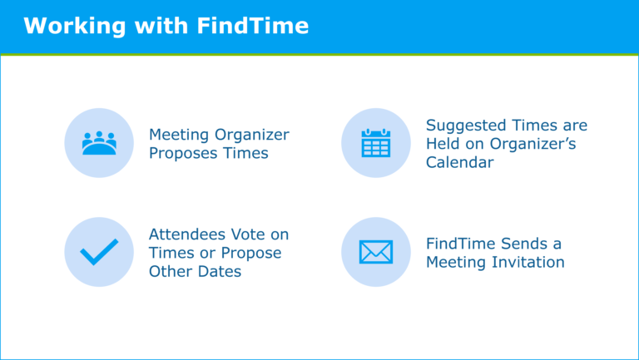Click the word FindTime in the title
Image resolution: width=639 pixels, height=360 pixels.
(253, 26)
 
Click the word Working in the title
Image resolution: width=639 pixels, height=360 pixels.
(75, 27)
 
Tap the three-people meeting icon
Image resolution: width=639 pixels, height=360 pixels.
(99, 143)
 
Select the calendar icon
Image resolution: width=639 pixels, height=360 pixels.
(376, 143)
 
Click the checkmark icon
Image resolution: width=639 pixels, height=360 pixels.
(99, 252)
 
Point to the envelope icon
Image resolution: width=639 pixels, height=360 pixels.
(376, 252)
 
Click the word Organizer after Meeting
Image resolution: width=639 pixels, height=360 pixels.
(252, 135)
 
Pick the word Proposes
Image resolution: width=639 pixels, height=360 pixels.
(182, 154)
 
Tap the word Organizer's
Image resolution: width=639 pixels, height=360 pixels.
(532, 144)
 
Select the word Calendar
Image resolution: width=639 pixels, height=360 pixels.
(459, 162)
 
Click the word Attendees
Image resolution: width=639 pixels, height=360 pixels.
(187, 234)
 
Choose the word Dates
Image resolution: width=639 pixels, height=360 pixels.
(220, 272)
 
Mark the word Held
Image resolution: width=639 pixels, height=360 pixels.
(443, 144)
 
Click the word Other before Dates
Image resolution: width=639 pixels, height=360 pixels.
(171, 272)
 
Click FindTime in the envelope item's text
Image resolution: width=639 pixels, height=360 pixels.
(461, 244)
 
